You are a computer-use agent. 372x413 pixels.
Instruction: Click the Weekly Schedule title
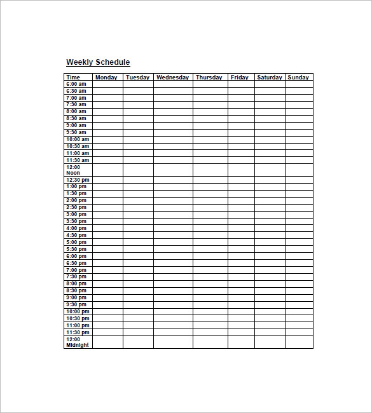(98, 62)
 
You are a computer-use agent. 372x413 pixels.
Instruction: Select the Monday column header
(106, 78)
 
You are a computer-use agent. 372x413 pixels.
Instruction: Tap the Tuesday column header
(137, 78)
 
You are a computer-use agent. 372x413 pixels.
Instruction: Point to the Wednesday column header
(172, 78)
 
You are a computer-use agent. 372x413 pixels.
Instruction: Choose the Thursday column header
(209, 78)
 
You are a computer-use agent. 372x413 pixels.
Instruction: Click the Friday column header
(240, 78)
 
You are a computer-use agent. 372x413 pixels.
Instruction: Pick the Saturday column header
(270, 78)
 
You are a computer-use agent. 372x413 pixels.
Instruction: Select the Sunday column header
(298, 78)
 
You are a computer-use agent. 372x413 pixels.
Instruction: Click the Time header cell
(73, 78)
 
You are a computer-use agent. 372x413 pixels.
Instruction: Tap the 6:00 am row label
(76, 84)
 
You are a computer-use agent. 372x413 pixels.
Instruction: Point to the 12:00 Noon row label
(74, 170)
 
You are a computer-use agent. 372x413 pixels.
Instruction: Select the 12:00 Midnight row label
(78, 342)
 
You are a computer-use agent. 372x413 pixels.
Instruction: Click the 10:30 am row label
(78, 146)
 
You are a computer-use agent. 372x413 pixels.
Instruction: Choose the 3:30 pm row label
(76, 221)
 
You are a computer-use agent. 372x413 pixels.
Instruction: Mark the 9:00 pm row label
(76, 297)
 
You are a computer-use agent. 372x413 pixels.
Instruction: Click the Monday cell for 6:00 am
(107, 84)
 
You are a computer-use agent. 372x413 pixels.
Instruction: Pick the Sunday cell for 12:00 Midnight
(299, 342)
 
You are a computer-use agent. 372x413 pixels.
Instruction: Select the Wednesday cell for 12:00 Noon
(173, 170)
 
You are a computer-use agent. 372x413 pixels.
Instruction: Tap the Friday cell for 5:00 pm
(241, 242)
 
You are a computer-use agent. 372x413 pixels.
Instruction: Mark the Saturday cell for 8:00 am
(270, 111)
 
